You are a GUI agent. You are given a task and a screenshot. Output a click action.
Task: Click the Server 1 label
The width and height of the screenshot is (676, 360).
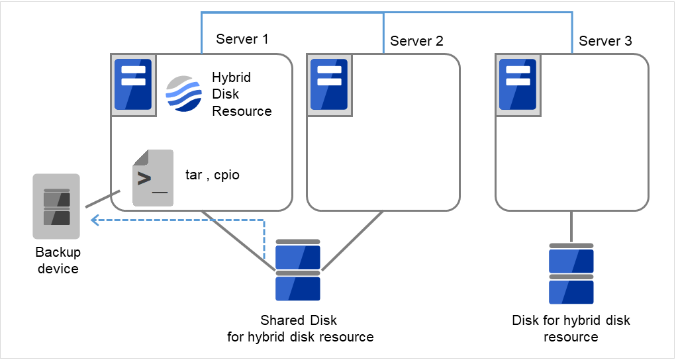[x=242, y=39]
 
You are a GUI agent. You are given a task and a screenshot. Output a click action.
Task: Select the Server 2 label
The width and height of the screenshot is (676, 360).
[x=416, y=41]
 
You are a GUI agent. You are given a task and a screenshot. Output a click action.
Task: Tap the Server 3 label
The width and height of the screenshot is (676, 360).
[x=605, y=41]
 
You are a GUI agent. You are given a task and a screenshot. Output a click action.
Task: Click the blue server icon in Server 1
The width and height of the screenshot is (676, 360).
[x=133, y=85]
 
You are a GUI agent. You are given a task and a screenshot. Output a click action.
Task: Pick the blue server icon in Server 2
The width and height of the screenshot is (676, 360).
[x=330, y=85]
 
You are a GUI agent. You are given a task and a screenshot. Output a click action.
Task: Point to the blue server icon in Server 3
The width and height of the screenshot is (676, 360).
[x=518, y=85]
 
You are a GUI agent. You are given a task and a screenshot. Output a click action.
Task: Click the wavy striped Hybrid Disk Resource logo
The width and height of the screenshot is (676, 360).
[x=183, y=95]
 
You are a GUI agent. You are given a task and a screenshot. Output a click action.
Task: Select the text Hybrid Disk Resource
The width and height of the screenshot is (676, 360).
[x=242, y=94]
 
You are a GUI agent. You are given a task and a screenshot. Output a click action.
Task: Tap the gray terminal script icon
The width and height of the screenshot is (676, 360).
[x=152, y=177]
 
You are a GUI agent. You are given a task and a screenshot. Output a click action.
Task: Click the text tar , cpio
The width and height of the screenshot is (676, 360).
[x=212, y=175]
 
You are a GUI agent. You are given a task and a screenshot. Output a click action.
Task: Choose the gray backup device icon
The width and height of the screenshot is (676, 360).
[x=56, y=206]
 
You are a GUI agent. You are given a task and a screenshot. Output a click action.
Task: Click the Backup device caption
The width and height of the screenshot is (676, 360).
[x=58, y=261]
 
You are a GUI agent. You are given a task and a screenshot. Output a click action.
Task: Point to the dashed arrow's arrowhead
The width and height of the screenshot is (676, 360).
[x=93, y=220]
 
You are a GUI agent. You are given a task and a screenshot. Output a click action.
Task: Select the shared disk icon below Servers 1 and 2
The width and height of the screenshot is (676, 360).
[x=298, y=271]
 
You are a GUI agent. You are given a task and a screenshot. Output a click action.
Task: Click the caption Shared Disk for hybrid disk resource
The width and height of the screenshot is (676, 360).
[x=300, y=329]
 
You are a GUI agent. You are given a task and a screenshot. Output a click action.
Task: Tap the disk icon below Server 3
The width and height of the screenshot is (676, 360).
[x=571, y=273]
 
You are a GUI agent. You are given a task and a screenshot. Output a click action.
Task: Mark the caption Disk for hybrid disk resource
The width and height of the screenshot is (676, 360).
[x=571, y=329]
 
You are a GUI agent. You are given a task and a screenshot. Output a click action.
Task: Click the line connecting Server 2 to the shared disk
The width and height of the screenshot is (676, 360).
[x=353, y=241]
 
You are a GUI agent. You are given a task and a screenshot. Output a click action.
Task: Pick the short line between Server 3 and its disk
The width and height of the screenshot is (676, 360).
[x=571, y=226]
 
